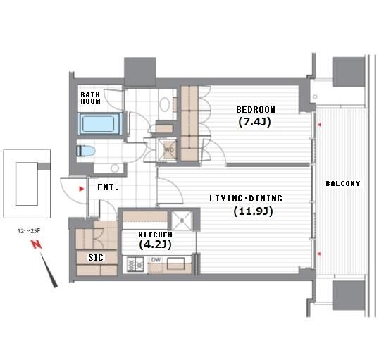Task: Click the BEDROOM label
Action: point(256,109)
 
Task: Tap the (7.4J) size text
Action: point(254,122)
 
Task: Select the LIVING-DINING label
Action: point(246,199)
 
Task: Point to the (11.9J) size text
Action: point(253,211)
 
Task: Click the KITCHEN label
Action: point(156,235)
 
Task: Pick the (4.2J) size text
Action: point(156,244)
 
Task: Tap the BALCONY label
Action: point(343,183)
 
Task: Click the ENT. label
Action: point(108,187)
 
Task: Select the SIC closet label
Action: point(96,257)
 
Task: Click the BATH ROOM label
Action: point(90,98)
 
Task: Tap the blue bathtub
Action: point(99,124)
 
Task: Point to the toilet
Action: point(85,151)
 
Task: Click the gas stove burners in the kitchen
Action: point(135,264)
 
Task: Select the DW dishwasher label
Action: point(156,260)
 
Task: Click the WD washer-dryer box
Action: point(167,149)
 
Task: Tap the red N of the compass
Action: point(36,245)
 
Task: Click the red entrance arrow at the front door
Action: point(82,189)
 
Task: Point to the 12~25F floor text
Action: point(29,231)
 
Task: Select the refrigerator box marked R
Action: point(182,221)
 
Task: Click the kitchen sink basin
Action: point(176,263)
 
